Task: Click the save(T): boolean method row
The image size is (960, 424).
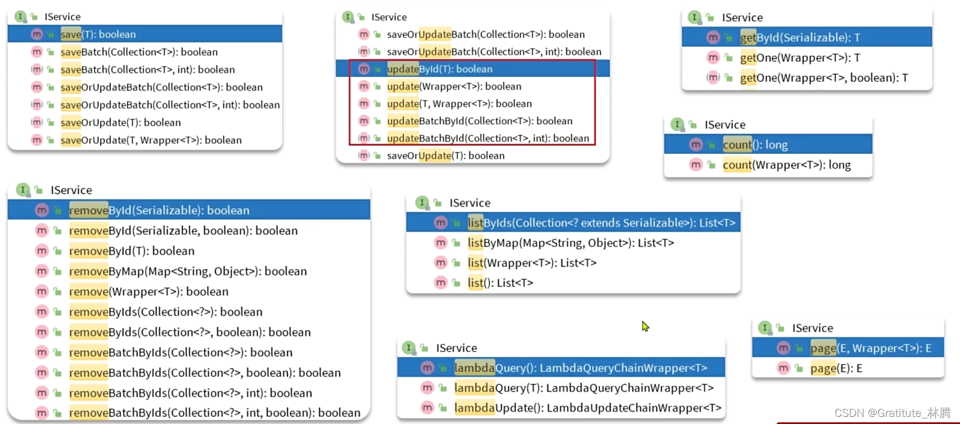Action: coord(98,34)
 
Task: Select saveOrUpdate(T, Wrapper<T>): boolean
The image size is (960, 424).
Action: coord(151,140)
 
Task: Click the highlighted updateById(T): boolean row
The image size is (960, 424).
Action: coord(439,69)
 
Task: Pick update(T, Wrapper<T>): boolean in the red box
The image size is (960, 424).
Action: coord(459,104)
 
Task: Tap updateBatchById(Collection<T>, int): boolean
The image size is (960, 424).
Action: coord(487,139)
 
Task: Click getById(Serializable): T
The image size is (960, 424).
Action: coord(800,38)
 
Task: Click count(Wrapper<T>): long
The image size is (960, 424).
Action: coord(786,165)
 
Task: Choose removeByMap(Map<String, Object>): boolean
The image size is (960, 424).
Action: coord(188,271)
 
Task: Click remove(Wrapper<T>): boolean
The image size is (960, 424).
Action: coord(148,291)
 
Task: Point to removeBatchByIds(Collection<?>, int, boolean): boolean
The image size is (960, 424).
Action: coord(214,413)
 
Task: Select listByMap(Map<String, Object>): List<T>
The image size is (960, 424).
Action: coord(570,243)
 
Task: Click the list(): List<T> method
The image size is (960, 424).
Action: coord(500,283)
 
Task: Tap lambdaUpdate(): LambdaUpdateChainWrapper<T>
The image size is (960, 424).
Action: coord(587,408)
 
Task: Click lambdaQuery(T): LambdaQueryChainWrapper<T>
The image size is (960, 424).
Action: coord(583,388)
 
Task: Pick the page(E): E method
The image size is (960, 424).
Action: coord(836,368)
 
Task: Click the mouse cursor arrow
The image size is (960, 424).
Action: coord(645,326)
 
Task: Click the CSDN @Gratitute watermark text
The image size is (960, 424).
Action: coord(892,413)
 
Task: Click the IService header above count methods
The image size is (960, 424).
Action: coord(725,125)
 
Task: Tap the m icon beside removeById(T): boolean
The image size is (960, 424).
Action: coord(41,251)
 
